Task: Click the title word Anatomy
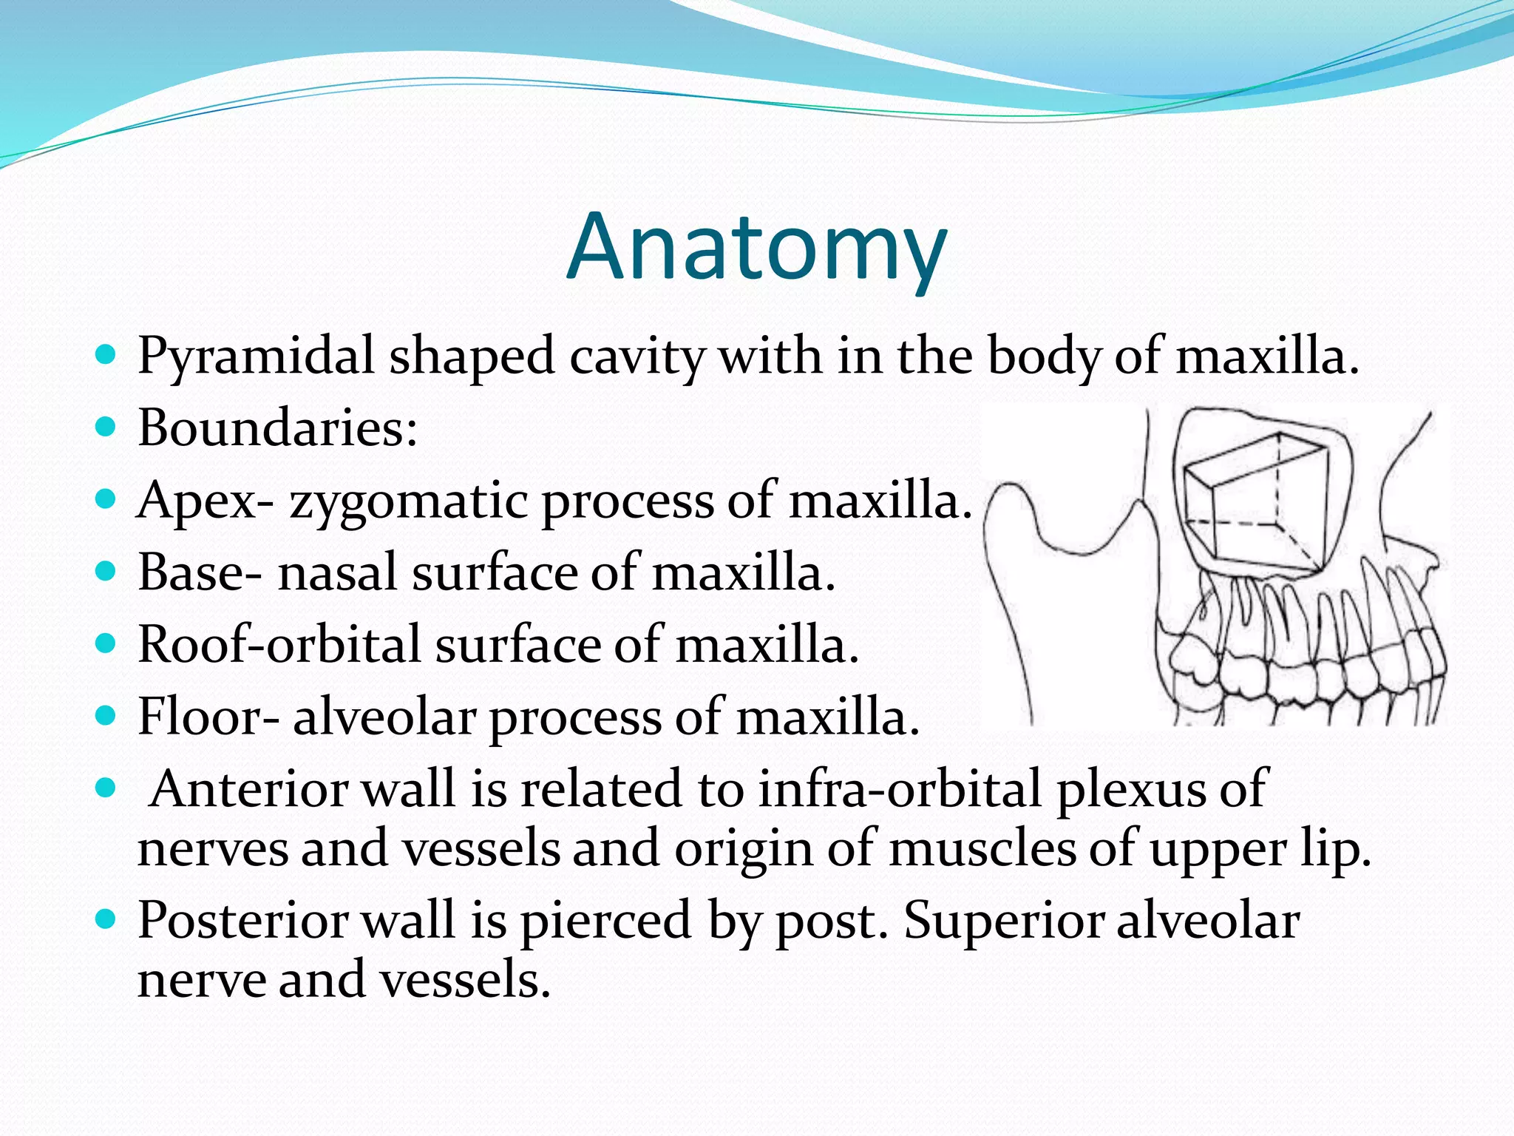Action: coord(756,248)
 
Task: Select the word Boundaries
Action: coord(277,429)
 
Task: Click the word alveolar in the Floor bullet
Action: coord(385,717)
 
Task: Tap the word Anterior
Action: coord(248,789)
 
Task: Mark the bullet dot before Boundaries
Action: coord(106,427)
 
